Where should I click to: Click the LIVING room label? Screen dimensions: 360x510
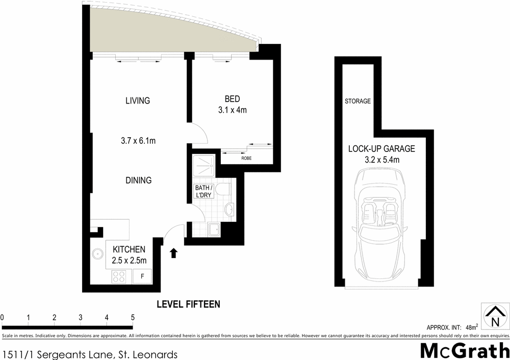(138, 100)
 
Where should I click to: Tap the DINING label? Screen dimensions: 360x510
(139, 180)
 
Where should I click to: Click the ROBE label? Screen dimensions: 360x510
(246, 158)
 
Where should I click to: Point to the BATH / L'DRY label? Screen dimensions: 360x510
(204, 192)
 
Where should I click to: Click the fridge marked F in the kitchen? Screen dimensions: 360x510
(142, 277)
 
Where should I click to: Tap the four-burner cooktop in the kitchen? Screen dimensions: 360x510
(119, 276)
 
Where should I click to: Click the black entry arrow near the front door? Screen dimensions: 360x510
(174, 252)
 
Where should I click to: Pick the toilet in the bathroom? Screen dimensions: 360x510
(221, 190)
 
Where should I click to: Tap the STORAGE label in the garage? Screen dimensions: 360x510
(358, 101)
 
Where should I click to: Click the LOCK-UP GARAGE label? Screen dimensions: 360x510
(381, 149)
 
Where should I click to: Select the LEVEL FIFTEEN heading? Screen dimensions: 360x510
(188, 304)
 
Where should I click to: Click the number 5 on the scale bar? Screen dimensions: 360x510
(133, 318)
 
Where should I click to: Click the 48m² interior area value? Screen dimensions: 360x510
(471, 327)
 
